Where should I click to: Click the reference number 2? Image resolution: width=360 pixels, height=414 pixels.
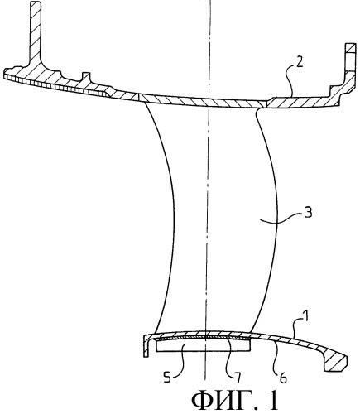pyautogui.click(x=300, y=62)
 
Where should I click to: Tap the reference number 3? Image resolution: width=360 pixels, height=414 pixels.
pyautogui.click(x=308, y=214)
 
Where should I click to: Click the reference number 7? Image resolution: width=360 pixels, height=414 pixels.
pyautogui.click(x=238, y=377)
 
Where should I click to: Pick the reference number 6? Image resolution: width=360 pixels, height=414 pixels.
pyautogui.click(x=283, y=378)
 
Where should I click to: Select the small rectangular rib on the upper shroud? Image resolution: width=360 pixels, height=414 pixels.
pyautogui.click(x=86, y=77)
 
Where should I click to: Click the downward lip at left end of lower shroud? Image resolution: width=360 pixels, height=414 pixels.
pyautogui.click(x=146, y=346)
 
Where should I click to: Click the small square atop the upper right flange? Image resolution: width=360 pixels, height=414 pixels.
pyautogui.click(x=351, y=48)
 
